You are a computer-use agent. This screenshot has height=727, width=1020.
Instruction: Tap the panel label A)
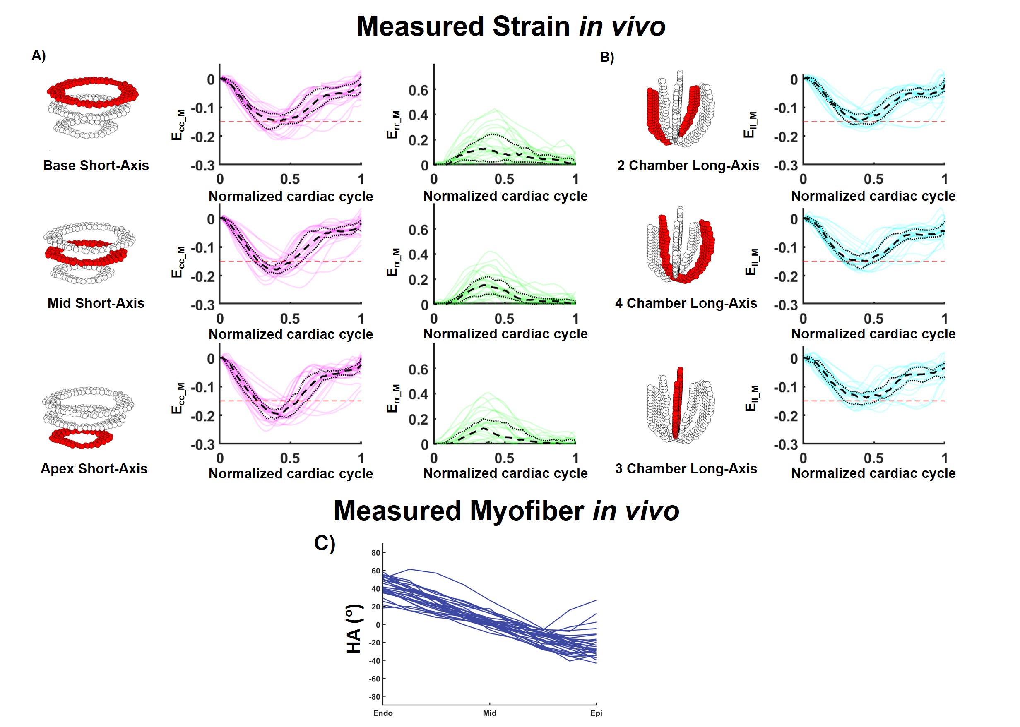click(x=38, y=55)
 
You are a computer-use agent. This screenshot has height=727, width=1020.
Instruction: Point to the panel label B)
click(x=607, y=57)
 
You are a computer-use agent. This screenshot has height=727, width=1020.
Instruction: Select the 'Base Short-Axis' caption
click(x=96, y=165)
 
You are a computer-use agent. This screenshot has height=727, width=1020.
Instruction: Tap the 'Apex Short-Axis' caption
click(x=94, y=468)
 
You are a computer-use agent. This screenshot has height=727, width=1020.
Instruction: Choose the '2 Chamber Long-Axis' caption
click(x=688, y=165)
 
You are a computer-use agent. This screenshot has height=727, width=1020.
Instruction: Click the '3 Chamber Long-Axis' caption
click(x=686, y=468)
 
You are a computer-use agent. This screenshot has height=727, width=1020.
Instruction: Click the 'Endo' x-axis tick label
click(x=383, y=713)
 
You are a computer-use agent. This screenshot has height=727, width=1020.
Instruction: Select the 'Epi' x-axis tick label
click(x=596, y=713)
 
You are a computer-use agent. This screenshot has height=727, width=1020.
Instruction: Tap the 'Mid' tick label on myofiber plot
click(x=489, y=713)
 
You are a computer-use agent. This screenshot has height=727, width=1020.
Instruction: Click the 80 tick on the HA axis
click(x=375, y=553)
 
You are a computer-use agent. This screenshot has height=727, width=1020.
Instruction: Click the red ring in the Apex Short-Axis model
click(x=81, y=439)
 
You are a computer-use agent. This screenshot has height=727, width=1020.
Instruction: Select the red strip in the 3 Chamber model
click(x=678, y=403)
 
